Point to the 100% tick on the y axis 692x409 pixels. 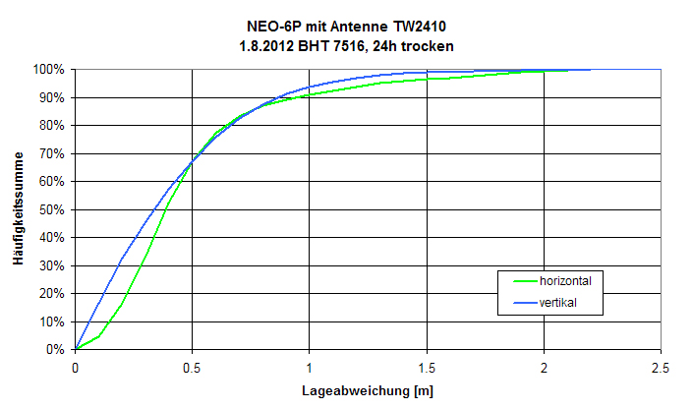[x=48, y=70]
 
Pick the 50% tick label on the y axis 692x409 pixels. [x=51, y=209]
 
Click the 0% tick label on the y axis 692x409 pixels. [x=55, y=349]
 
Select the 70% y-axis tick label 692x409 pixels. [x=51, y=153]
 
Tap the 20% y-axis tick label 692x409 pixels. [x=51, y=293]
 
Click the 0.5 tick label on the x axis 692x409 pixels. [x=193, y=368]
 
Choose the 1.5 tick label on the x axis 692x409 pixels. [x=427, y=368]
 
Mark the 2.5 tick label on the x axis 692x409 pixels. [x=661, y=368]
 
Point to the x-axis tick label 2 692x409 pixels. [x=544, y=368]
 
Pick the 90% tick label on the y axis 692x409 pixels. [x=51, y=97]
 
